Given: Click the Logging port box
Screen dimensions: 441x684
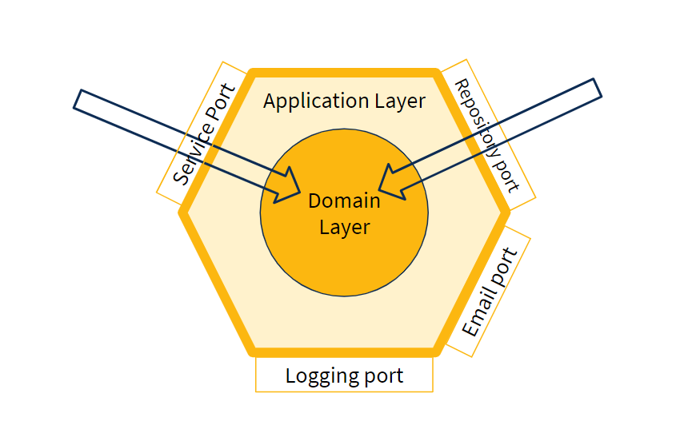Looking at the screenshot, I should pos(344,375).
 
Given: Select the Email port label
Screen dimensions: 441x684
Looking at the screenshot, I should pos(490,292).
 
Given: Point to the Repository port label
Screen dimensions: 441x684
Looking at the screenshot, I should pos(486,136).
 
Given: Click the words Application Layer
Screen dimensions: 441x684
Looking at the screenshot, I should pos(344,101).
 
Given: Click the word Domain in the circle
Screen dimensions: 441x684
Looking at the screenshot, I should pos(344,201).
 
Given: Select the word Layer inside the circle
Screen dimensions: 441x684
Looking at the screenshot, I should pos(344,227).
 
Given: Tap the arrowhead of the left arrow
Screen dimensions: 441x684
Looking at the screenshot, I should pos(288,189).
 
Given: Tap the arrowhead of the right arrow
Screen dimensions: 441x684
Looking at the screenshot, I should pos(390,182).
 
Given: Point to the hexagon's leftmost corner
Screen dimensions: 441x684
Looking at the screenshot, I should pos(183,213).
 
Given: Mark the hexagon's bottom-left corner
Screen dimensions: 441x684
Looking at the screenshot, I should pos(252,351).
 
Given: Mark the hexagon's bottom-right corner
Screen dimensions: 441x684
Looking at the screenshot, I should pos(437,351).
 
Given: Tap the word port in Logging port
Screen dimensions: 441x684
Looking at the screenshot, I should pos(381,375).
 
